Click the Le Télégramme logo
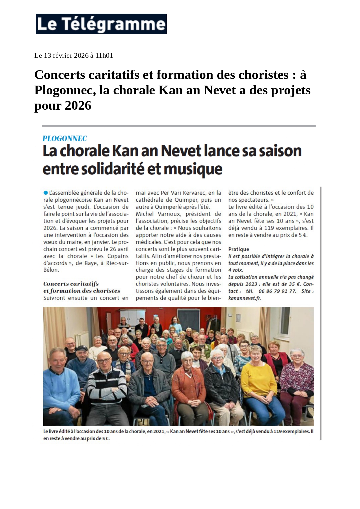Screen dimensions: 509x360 click(x=101, y=24)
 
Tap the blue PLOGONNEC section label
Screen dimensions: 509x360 click(x=64, y=139)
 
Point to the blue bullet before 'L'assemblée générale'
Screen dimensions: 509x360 click(x=46, y=193)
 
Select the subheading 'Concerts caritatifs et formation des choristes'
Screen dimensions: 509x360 click(x=82, y=287)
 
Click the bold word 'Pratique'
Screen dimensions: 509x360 click(x=238, y=249)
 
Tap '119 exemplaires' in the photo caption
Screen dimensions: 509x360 click(x=291, y=432)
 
